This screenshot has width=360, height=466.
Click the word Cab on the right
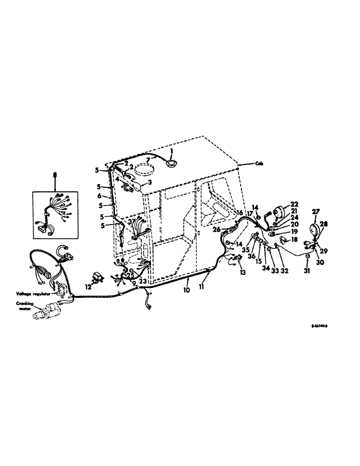(x=259, y=163)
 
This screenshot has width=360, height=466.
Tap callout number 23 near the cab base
(x=143, y=281)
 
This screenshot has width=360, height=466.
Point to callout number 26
(x=216, y=229)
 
